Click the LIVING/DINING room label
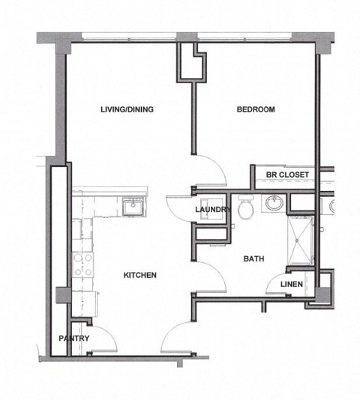(x=127, y=110)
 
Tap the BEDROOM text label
(x=256, y=110)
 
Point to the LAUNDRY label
(x=212, y=210)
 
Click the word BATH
(x=253, y=259)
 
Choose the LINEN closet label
(x=292, y=285)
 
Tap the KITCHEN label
(x=140, y=276)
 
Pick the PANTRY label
(x=74, y=339)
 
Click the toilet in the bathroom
(x=244, y=210)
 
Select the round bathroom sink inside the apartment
(x=274, y=202)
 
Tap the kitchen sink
(x=134, y=206)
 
